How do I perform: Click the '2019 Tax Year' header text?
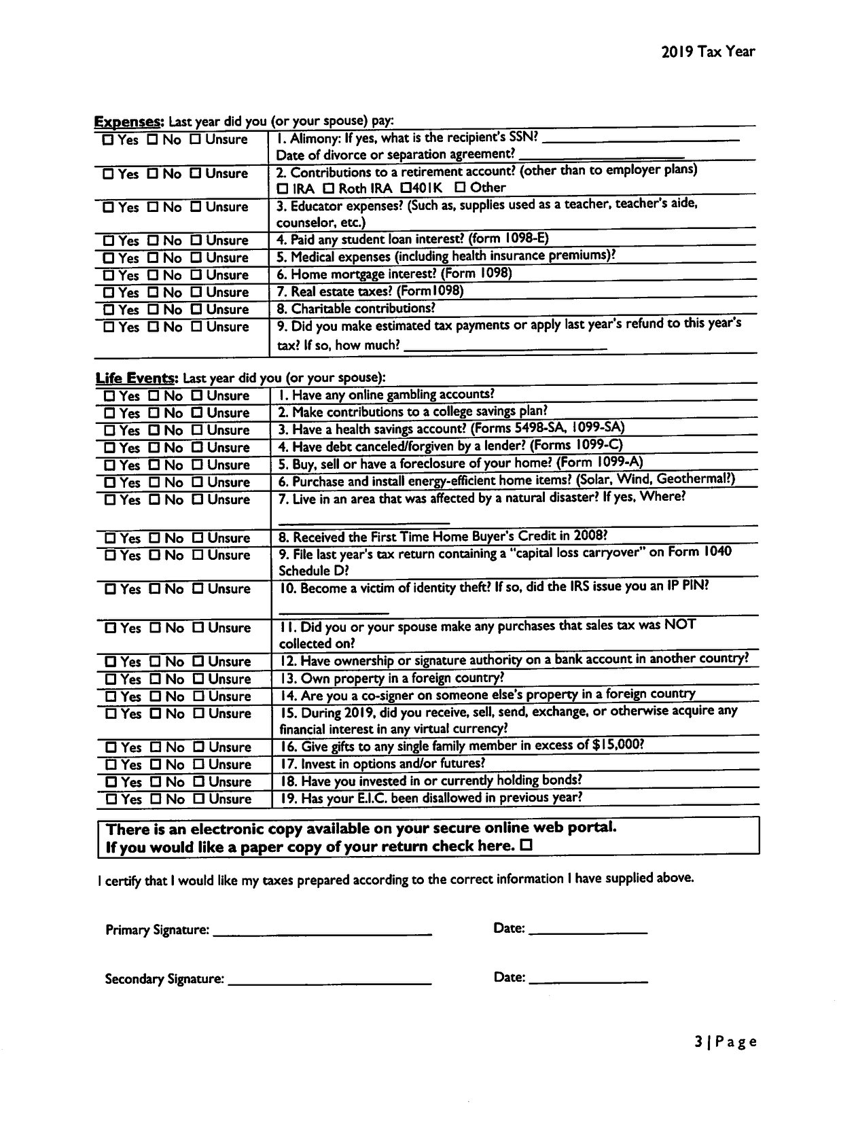point(708,52)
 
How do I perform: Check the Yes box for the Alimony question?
point(108,141)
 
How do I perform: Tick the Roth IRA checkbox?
point(329,188)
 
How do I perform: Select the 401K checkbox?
point(406,188)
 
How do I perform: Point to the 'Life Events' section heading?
point(137,378)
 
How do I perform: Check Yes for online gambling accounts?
point(109,396)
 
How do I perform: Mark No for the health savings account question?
point(155,431)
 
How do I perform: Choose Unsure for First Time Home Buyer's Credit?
point(198,539)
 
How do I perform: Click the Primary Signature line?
point(322,932)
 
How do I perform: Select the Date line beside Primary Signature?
point(588,931)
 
